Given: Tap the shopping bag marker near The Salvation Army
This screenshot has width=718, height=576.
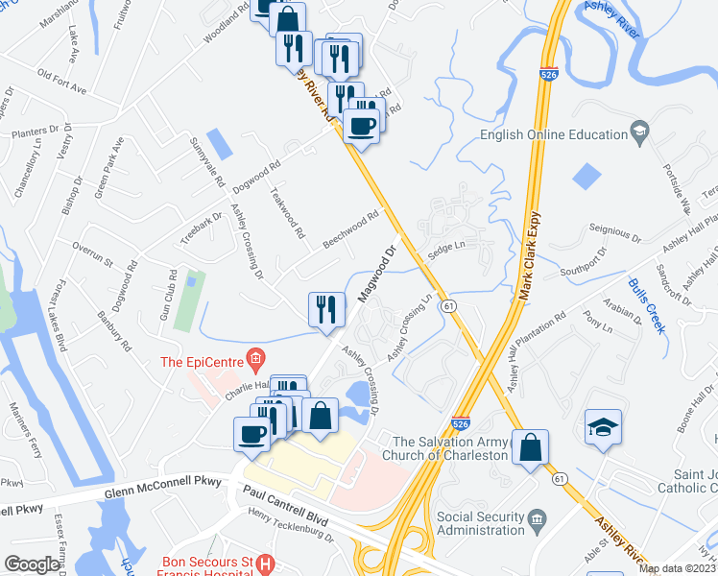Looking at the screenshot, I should click(529, 448).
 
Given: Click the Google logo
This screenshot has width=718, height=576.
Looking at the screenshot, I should click(33, 564).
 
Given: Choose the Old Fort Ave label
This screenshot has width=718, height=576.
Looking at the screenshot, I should click(62, 82).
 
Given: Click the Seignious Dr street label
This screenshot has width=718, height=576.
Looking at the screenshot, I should click(613, 233).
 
